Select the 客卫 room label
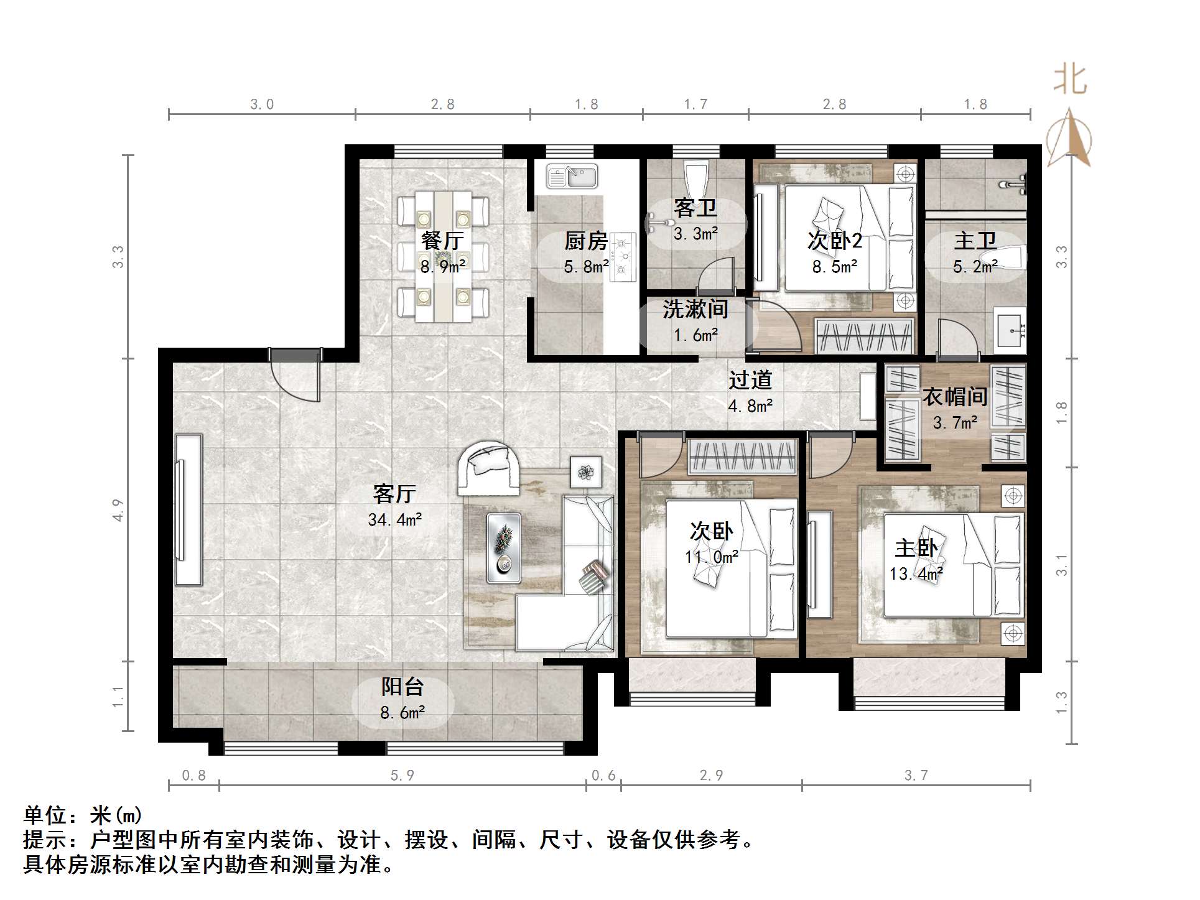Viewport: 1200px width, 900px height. [x=695, y=208]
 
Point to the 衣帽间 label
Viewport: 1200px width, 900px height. [x=954, y=396]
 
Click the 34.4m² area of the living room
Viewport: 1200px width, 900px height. [x=395, y=519]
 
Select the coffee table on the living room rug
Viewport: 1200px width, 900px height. [x=503, y=548]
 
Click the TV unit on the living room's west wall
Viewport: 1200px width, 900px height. [x=188, y=509]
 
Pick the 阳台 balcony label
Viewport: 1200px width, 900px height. [x=402, y=687]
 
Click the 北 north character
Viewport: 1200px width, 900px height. [x=1070, y=80]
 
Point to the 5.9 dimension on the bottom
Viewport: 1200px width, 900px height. [x=402, y=775]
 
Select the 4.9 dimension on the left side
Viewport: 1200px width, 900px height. [x=118, y=509]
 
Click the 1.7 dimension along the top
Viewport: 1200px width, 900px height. [x=695, y=104]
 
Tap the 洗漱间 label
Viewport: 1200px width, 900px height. [x=695, y=309]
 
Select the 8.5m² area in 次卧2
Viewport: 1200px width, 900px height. [x=834, y=267]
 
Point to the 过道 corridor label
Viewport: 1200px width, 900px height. [x=750, y=380]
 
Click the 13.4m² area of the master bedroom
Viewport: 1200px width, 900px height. [x=915, y=573]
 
